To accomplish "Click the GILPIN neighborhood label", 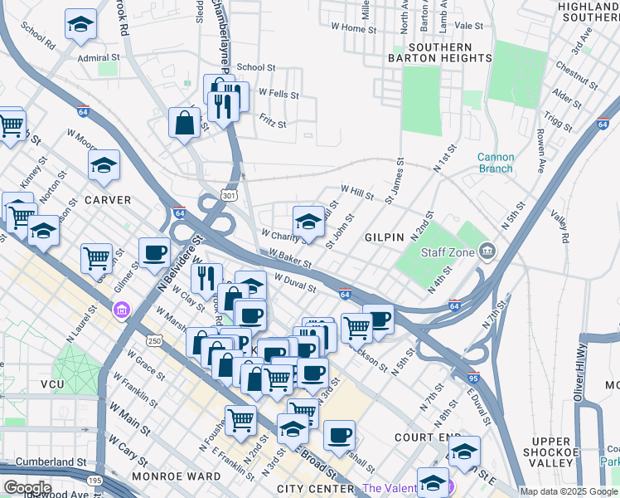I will coord(385,237).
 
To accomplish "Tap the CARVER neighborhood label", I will coord(108,200).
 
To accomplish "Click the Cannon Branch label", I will coord(496,163).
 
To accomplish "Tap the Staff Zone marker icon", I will coord(487,251).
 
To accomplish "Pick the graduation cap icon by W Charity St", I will coord(308,222).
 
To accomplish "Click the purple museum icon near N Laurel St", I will coord(122,310).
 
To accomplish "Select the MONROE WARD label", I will coord(183,476).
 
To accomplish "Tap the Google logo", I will coord(27,488).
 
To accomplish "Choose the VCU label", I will coord(35,385).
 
